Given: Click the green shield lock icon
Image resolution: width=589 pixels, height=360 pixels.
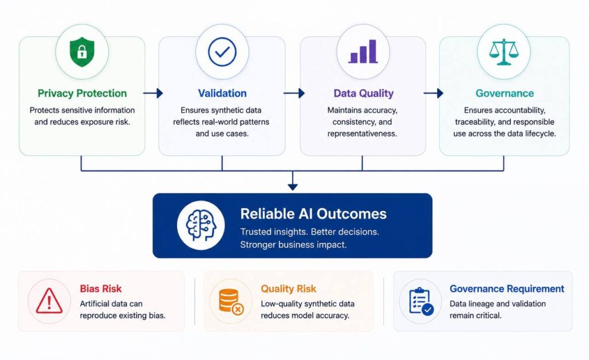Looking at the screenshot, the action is click(x=82, y=52).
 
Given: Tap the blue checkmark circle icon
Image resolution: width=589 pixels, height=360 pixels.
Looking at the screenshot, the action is click(x=222, y=52).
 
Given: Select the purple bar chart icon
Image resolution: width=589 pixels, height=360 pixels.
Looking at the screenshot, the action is click(x=363, y=51).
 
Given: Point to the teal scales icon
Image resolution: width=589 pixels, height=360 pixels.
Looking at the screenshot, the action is click(x=504, y=52).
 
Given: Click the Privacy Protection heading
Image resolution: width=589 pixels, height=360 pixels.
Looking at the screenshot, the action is click(x=82, y=93).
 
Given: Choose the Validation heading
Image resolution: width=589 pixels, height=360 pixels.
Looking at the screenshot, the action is click(x=223, y=93).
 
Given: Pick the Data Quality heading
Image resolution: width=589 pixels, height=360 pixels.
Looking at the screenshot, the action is click(x=364, y=93).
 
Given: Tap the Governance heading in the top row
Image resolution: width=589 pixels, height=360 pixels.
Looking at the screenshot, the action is click(x=504, y=93).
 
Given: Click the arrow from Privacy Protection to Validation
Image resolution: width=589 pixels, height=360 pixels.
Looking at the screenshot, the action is click(x=153, y=93).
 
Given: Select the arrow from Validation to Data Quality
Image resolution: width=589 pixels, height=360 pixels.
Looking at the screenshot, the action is click(x=294, y=93).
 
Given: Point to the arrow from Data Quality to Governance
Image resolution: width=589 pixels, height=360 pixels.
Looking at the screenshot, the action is click(x=434, y=93).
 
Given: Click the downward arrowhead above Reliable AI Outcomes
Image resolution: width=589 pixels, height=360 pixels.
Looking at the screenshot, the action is click(x=293, y=186).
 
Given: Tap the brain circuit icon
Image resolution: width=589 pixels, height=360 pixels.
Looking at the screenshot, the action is click(x=201, y=225).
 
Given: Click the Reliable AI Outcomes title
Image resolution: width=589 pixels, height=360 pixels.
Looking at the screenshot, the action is click(x=313, y=213).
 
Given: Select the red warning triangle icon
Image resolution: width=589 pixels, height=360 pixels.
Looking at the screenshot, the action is click(x=49, y=301).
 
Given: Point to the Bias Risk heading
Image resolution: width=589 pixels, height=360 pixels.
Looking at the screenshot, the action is click(x=101, y=289).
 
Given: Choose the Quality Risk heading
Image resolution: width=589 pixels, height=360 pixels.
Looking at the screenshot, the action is click(x=289, y=289).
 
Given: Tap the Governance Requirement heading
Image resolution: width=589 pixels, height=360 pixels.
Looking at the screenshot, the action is click(x=507, y=289).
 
